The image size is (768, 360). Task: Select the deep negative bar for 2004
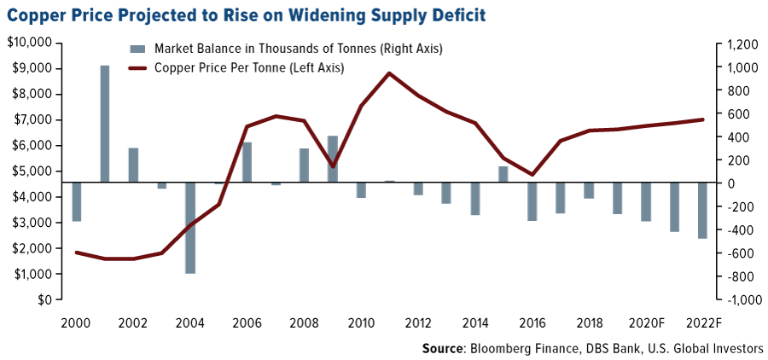[190, 228]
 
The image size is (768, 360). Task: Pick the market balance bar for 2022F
[702, 210]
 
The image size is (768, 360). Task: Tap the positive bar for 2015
[503, 174]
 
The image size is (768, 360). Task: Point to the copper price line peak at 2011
[389, 73]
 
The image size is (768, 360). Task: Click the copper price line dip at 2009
[332, 166]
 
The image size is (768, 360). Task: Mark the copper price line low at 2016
[532, 175]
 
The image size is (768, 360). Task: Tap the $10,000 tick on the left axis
[29, 43]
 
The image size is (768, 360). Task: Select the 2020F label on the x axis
[646, 322]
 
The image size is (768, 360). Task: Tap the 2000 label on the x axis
[76, 322]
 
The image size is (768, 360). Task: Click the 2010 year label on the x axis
[361, 322]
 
